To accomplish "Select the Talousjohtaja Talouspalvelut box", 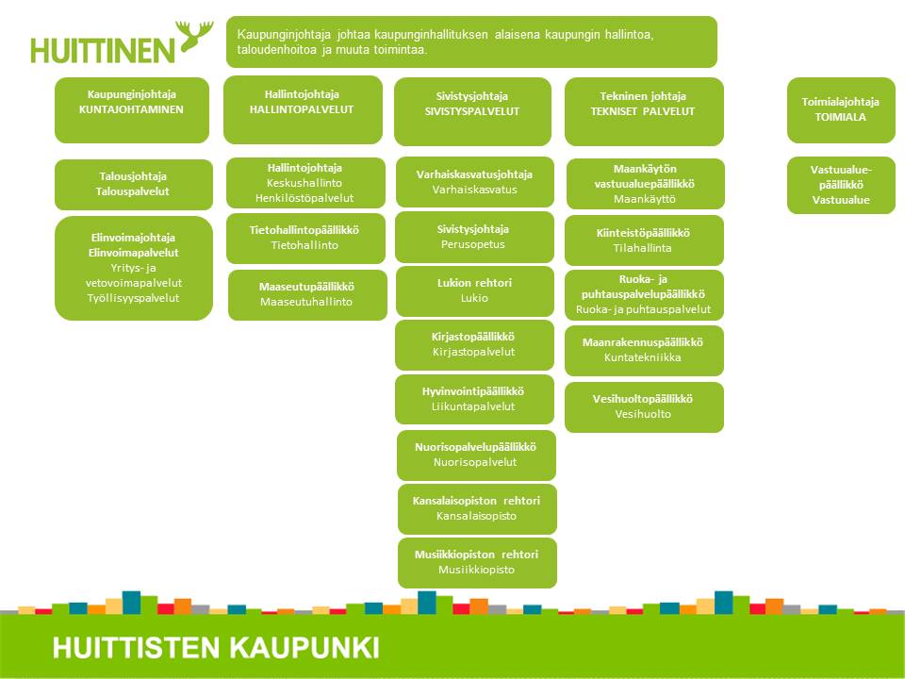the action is (x=134, y=184).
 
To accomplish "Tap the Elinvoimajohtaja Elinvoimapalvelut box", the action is (x=134, y=268).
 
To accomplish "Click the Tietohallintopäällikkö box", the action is (x=305, y=238).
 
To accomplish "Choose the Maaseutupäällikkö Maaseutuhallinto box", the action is (x=307, y=294).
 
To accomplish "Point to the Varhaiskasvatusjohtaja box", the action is (x=475, y=182).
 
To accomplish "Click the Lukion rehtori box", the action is (x=475, y=291).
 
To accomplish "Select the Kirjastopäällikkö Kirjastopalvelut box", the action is (x=474, y=345).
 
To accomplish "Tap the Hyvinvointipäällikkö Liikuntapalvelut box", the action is (x=474, y=399).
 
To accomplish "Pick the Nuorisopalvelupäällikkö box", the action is (x=476, y=455).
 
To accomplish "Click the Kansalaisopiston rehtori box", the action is (x=477, y=508).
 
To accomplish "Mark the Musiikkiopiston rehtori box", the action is (x=477, y=563).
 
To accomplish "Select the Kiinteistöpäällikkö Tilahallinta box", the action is (x=644, y=240).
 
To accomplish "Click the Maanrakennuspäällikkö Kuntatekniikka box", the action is (x=644, y=351).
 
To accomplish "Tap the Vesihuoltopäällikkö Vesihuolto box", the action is (x=644, y=407).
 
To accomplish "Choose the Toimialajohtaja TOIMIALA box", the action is (x=841, y=110).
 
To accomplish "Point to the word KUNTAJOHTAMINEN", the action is (x=131, y=109).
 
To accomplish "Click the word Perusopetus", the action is (x=472, y=244).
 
